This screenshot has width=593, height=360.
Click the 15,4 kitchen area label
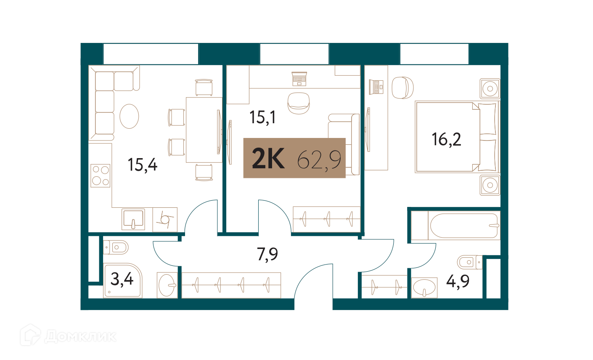pos(143,165)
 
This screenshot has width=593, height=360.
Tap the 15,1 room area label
pos(262,117)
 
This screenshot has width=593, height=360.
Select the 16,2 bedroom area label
pos(446,140)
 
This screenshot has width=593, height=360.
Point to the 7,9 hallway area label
pos(267,254)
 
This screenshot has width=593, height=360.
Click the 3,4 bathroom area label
pos(122,280)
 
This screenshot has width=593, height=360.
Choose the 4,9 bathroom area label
pos(458,281)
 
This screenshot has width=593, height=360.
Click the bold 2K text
pos(268,158)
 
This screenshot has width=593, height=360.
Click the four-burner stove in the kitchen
pos(101,176)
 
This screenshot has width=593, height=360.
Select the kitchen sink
pos(133,220)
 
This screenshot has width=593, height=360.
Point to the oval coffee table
pos(129,116)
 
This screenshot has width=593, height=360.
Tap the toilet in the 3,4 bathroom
pos(116,247)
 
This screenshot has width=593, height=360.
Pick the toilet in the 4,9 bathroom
pos(470,262)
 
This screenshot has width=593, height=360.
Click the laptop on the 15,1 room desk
pos(299,79)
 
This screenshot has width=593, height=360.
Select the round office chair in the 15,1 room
pos(299,103)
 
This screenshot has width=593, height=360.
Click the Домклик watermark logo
pos(68,335)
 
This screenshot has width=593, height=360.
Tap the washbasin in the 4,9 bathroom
pos(424,288)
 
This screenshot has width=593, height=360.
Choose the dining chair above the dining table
pos(204,87)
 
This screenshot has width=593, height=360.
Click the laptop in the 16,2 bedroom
pos(376,87)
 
